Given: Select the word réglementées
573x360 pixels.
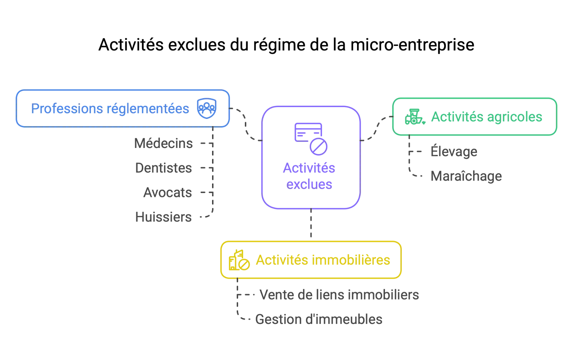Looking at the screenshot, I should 148,109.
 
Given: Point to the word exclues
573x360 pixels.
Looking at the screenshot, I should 309,184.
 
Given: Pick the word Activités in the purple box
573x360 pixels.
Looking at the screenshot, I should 309,168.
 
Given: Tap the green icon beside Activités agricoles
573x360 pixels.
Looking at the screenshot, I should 415,117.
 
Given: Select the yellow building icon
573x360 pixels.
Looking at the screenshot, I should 239,260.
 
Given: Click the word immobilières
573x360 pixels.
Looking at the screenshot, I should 351,260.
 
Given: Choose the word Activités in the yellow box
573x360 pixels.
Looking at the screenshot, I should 282,260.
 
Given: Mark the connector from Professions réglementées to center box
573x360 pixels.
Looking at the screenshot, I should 246,125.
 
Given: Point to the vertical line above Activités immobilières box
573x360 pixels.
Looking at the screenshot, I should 310,224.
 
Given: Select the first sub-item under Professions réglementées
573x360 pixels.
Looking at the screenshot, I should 165,144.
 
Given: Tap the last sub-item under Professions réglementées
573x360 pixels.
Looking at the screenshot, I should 163,217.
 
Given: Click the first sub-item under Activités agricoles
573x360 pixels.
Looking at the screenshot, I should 453,152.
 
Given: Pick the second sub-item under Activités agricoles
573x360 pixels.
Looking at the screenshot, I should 466,177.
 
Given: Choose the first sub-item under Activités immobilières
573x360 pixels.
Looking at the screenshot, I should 338,294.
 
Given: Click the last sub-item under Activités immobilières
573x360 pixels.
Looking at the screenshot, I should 319,320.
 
